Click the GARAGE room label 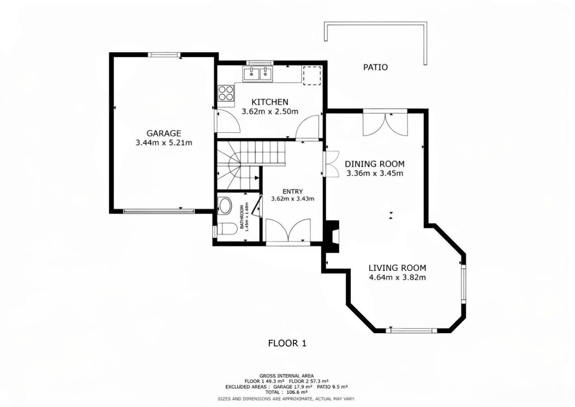click(164, 133)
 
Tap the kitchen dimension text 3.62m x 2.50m click(270, 111)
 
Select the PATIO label click(375, 67)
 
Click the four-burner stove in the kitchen click(226, 93)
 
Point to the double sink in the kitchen click(257, 74)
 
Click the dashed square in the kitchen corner click(312, 76)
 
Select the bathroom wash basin click(225, 205)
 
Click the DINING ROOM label click(375, 164)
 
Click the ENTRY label click(293, 192)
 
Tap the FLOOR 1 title click(287, 343)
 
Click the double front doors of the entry click(288, 230)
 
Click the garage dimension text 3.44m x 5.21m click(164, 143)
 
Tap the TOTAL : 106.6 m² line click(286, 392)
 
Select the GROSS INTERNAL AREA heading click(286, 376)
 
